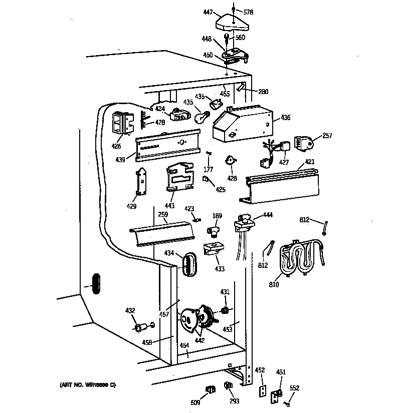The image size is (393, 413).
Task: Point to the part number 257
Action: click(327, 136)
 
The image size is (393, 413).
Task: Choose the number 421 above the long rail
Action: click(310, 162)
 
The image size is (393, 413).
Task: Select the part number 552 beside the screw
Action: click(294, 387)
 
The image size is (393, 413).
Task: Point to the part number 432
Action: click(130, 311)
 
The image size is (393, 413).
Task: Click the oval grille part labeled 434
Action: click(188, 263)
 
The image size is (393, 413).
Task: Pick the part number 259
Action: click(162, 215)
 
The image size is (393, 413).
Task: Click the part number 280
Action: click(263, 92)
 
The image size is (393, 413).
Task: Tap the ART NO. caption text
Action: click(88, 385)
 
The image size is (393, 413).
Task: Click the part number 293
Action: click(234, 401)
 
